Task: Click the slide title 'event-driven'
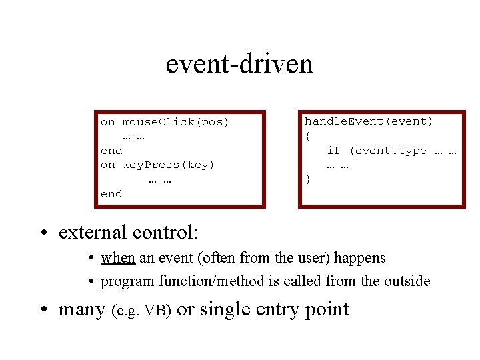point(239,64)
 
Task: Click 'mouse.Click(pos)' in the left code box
point(175,122)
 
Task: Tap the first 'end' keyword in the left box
point(111,151)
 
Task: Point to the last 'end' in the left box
point(111,194)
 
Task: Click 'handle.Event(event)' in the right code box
point(369,121)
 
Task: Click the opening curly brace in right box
point(308,137)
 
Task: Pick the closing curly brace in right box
point(308,179)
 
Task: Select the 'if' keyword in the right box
point(333,151)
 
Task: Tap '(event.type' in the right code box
point(388,151)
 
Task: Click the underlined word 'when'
point(118,258)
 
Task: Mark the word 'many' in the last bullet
point(82,310)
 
